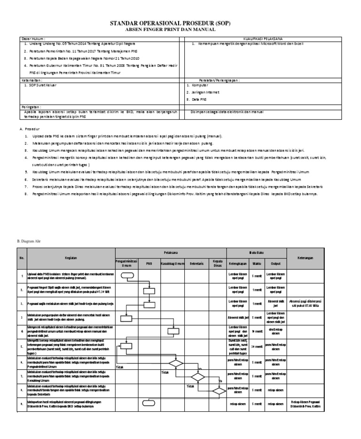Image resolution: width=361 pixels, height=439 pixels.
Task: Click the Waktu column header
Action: point(256,264)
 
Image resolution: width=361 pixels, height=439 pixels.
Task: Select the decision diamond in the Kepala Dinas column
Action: point(218,390)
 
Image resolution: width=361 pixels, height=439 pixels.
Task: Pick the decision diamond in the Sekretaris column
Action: point(197,376)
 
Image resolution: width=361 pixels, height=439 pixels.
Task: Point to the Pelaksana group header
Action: point(171,252)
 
